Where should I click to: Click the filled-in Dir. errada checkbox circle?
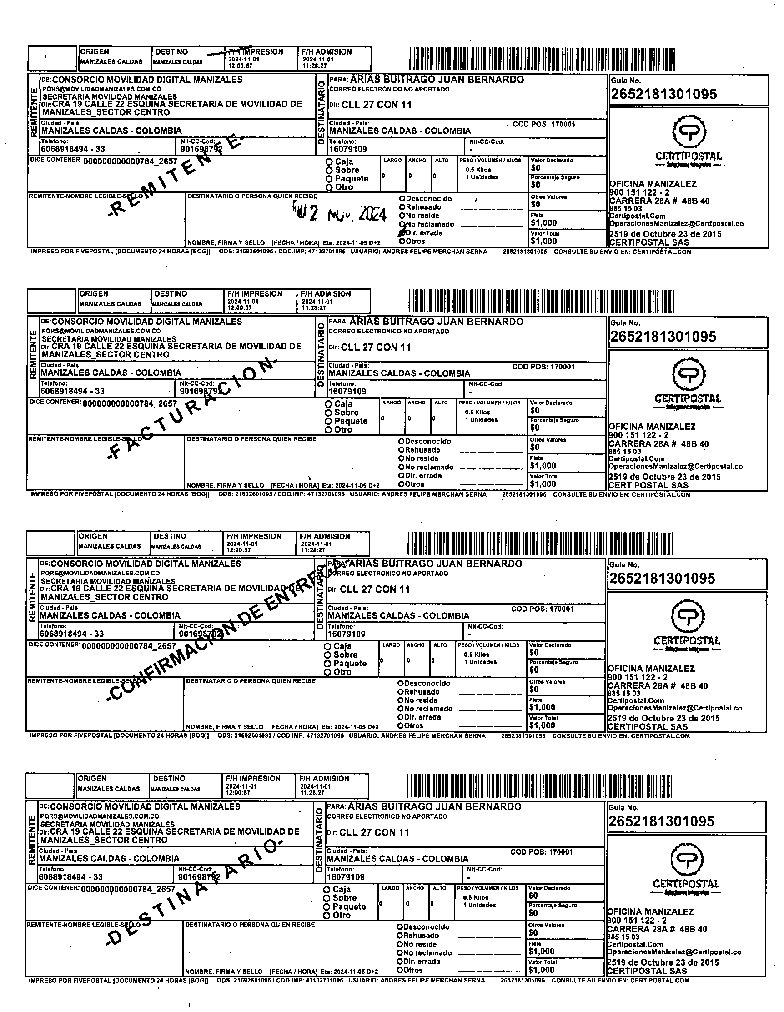(x=402, y=233)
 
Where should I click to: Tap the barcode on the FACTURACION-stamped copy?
(x=541, y=302)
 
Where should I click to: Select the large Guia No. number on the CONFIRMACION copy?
(x=662, y=579)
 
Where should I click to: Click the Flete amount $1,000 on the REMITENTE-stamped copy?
(x=544, y=223)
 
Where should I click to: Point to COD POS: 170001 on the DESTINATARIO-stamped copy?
(x=541, y=852)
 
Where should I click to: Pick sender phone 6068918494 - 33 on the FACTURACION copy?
(x=73, y=392)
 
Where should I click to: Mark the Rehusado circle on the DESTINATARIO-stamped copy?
(x=399, y=936)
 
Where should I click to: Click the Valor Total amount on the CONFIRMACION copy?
(x=542, y=725)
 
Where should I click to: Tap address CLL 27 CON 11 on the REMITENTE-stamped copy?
(x=376, y=105)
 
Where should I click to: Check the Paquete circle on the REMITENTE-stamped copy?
(x=329, y=179)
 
